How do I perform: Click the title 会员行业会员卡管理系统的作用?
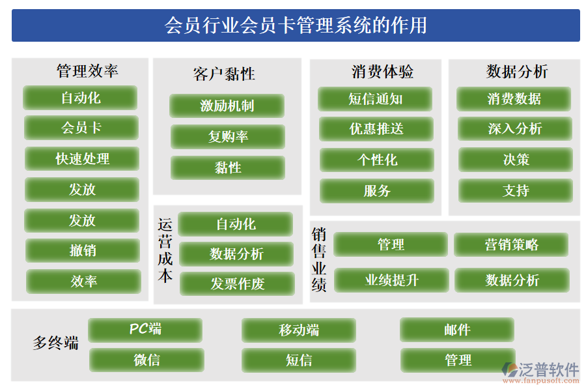[296, 25]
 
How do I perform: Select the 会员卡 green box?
[81, 128]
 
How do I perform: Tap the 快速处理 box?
[82, 159]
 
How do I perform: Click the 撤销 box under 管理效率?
[83, 251]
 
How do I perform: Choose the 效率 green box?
[83, 282]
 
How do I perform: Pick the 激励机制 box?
[227, 106]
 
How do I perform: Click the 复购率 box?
[228, 137]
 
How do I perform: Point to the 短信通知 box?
[375, 99]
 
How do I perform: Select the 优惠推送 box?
[376, 129]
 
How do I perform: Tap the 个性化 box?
[377, 160]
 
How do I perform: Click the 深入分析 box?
[514, 129]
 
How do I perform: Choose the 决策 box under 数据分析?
[516, 160]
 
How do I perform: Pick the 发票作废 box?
[237, 284]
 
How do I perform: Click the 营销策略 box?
[511, 245]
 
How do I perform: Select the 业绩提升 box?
[391, 280]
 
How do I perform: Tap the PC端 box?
[145, 330]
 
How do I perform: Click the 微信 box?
[146, 360]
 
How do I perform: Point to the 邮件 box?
[457, 330]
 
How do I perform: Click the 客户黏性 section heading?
[224, 74]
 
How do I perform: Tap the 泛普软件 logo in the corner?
[540, 371]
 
